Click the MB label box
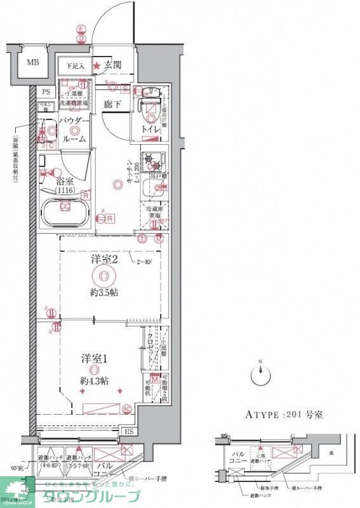tap(31, 63)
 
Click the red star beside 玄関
tap(97, 65)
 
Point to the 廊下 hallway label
tap(113, 104)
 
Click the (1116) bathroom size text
tap(65, 190)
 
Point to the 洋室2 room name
tap(103, 259)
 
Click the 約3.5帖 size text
tap(103, 293)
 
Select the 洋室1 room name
tap(93, 357)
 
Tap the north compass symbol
tap(261, 375)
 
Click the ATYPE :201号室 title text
tap(284, 415)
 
